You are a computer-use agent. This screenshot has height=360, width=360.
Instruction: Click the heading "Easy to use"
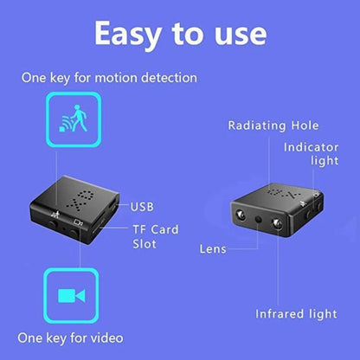[180, 33]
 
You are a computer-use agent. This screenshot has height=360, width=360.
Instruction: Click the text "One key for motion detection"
[108, 78]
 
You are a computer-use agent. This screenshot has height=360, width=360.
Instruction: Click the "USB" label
[143, 207]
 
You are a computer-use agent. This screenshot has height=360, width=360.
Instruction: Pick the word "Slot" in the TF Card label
[145, 244]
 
